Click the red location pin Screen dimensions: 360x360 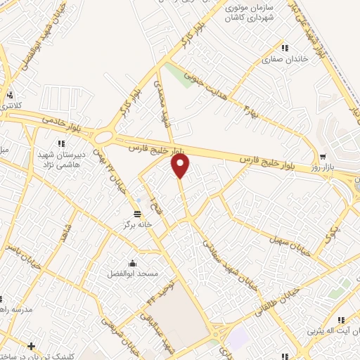click(181, 166)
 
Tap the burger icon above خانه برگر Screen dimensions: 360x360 click(138, 213)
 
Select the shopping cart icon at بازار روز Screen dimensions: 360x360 click(322, 157)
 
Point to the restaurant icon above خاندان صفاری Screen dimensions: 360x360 click(285, 48)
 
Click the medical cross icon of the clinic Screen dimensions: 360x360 click(31, 345)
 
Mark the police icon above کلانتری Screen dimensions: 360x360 click(10, 95)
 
